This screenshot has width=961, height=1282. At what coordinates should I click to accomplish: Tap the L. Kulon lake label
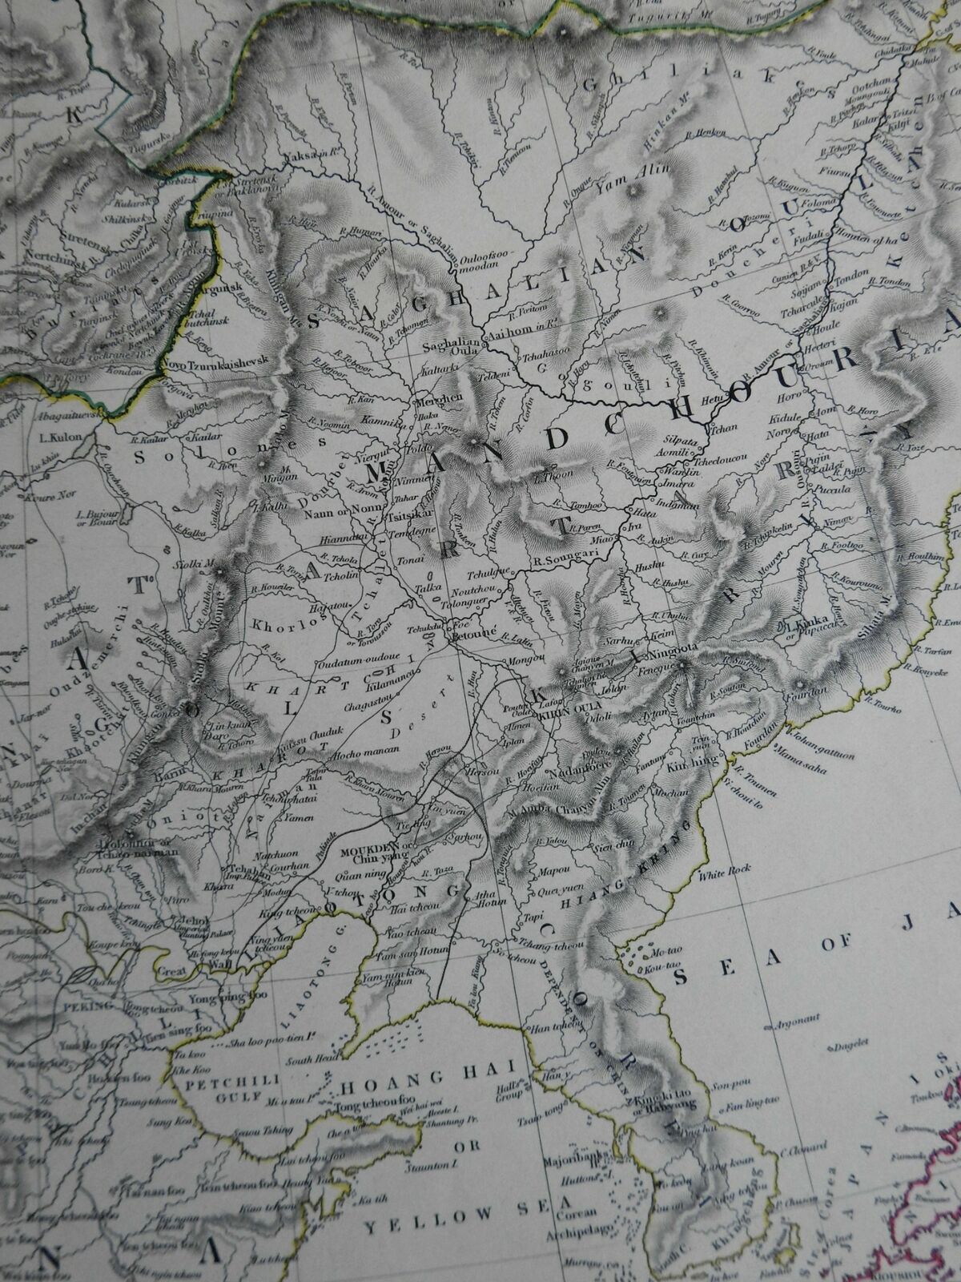(x=55, y=437)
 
